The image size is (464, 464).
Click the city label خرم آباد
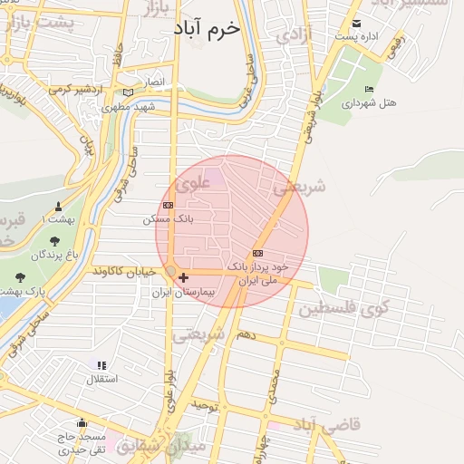click(x=209, y=28)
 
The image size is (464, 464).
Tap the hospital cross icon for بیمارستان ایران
click(x=184, y=278)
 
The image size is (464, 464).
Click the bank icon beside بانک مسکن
click(x=168, y=206)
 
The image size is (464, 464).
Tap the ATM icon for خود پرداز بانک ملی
click(x=258, y=254)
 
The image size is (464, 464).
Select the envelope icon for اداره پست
click(x=356, y=24)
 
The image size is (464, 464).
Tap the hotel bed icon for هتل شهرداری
click(x=368, y=89)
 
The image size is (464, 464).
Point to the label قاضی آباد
click(x=325, y=424)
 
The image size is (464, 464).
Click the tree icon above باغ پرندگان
click(x=54, y=241)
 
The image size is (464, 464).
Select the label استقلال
click(x=101, y=378)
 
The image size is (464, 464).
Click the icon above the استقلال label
click(x=101, y=365)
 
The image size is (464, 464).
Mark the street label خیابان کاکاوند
click(x=123, y=271)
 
